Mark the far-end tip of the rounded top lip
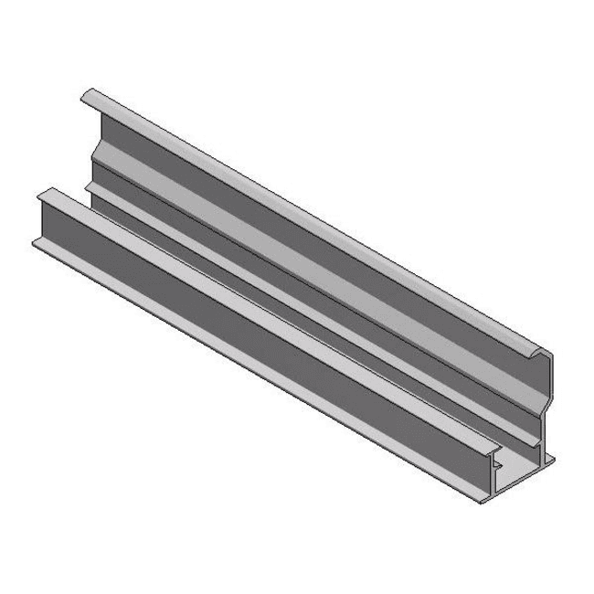point(87,95)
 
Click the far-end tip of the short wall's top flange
point(42,194)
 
